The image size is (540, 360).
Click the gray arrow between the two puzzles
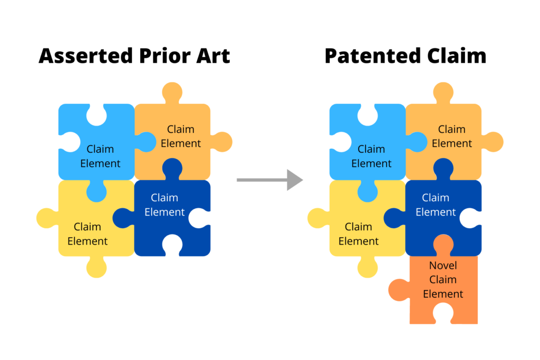[x=269, y=180]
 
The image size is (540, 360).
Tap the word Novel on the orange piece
[x=443, y=266]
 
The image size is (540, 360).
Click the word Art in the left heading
[x=214, y=56]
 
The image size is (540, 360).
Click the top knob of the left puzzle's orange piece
[x=172, y=92]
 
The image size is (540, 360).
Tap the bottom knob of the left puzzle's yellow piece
[x=97, y=267]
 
